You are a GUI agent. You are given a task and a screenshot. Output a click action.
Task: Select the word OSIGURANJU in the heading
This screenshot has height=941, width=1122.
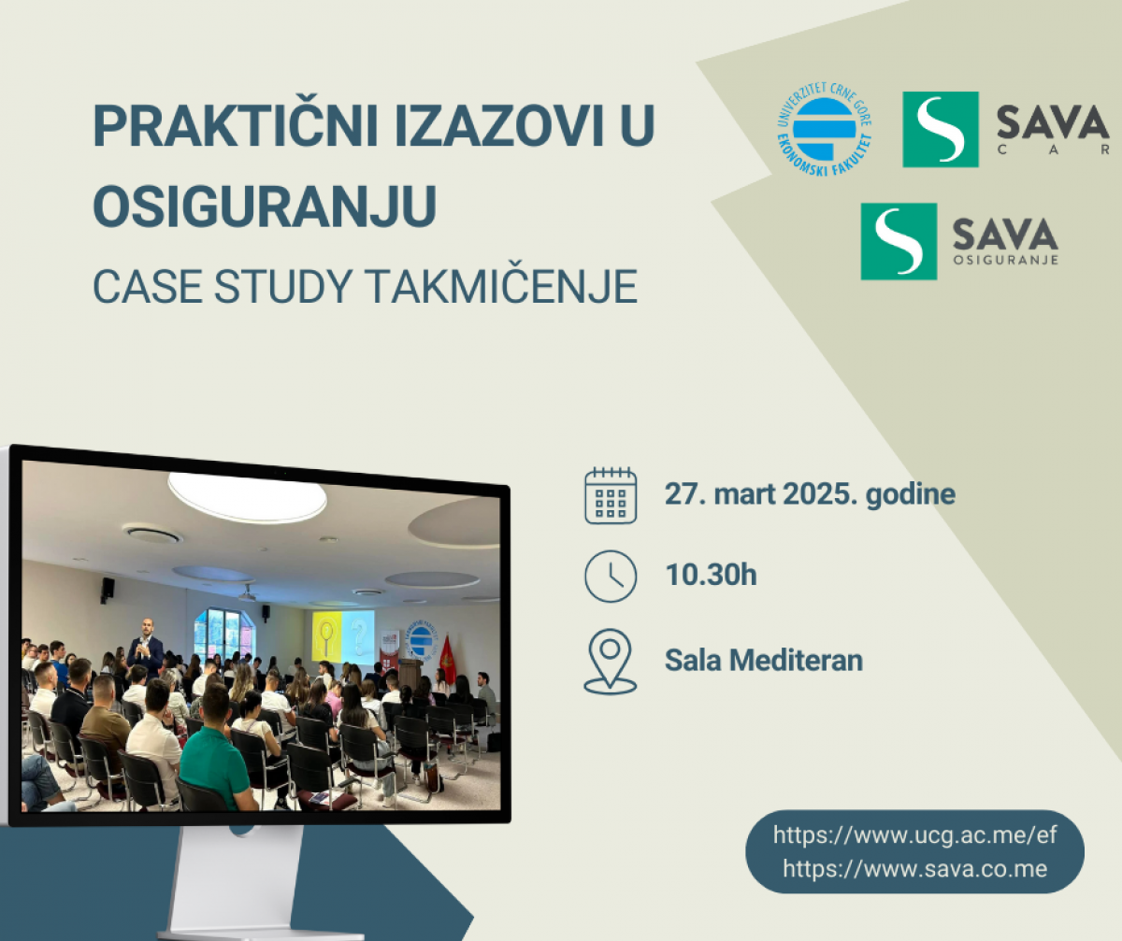tap(265, 207)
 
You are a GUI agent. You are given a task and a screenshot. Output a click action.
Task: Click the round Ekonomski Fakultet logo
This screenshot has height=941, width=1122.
tap(825, 130)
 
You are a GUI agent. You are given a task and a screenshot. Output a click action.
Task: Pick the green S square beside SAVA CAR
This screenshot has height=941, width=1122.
tap(941, 130)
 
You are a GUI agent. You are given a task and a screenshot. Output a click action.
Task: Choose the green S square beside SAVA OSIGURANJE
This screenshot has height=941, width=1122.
tap(899, 241)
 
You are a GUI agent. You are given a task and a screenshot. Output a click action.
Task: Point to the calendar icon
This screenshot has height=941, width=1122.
tap(611, 495)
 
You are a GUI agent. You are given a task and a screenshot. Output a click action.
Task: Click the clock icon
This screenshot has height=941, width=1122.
tap(611, 577)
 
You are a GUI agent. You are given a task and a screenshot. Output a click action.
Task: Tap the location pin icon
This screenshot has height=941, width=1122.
tap(610, 662)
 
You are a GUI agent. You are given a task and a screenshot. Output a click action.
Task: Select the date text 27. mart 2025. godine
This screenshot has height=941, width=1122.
tap(810, 494)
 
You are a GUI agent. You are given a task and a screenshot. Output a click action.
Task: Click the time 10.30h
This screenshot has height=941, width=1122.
tap(711, 575)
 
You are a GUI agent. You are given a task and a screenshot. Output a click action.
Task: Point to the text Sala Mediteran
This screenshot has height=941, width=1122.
tap(764, 660)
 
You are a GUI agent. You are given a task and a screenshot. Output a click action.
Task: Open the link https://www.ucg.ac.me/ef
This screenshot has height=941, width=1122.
tap(914, 835)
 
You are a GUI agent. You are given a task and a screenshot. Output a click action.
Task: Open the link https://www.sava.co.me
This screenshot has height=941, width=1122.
tap(914, 869)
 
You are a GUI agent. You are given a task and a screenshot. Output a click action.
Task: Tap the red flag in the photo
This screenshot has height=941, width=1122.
tap(447, 660)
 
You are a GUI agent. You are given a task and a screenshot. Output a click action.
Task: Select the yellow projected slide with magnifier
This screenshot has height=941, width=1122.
tap(326, 637)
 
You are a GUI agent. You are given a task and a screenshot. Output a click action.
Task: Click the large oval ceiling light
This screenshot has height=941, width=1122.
tap(247, 496)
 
